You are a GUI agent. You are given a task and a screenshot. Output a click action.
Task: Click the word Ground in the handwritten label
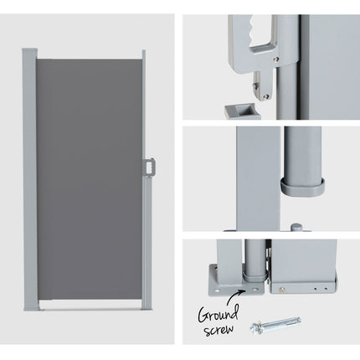[218, 314]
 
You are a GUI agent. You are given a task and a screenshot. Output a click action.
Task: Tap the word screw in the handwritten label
[219, 330]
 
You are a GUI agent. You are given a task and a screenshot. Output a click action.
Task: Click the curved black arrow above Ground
[235, 297]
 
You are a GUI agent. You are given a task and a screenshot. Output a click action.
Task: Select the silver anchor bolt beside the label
[275, 323]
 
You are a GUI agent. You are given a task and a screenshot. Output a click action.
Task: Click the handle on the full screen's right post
[149, 167]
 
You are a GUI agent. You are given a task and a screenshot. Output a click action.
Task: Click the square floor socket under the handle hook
[242, 111]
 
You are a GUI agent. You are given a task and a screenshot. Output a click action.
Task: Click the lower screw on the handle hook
[267, 96]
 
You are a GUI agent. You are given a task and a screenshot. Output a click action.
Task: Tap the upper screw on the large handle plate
[276, 59]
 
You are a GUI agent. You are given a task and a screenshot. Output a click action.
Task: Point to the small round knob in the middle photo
[296, 227]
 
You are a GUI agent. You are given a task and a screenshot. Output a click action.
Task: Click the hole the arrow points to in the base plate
[255, 290]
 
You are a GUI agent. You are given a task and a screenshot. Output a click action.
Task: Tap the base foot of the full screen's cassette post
[33, 309]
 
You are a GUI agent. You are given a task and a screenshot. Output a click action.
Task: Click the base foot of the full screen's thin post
[147, 309]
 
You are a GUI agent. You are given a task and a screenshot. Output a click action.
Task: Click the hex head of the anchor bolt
[255, 327]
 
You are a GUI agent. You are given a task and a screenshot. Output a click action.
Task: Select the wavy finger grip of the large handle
[255, 31]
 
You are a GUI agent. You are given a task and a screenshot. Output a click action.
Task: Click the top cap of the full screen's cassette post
[30, 49]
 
